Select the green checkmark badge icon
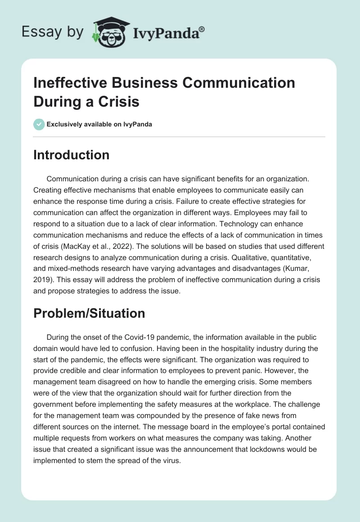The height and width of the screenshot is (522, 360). point(39,124)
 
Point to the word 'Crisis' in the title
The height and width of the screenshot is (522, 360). point(117,101)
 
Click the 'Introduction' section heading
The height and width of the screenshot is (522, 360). point(71,155)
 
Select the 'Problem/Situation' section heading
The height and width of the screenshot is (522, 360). point(89,313)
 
